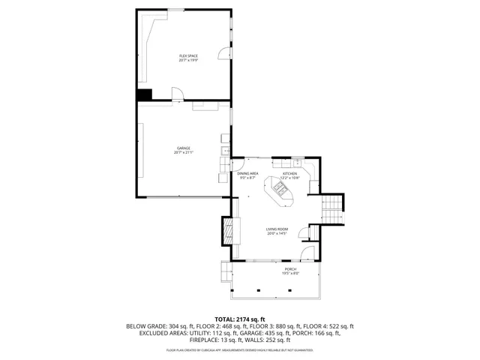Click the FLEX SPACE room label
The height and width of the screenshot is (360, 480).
point(188,58)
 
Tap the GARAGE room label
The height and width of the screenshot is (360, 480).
point(184,150)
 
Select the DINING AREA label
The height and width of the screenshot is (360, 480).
point(248,175)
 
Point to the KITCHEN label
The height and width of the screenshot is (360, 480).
point(290,175)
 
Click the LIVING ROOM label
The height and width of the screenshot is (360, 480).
point(277,231)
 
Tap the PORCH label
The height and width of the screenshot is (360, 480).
point(289,271)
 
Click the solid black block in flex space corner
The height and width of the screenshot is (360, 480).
point(144,94)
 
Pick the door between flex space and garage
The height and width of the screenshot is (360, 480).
point(177,94)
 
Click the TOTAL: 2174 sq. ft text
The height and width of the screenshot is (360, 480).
point(240,319)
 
